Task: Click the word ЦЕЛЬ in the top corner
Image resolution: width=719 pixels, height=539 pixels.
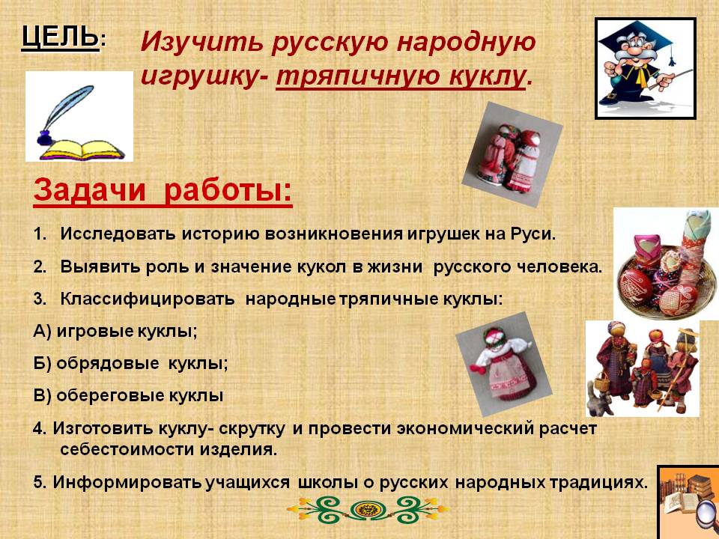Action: pyautogui.click(x=60, y=36)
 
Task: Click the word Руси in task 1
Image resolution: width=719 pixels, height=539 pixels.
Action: pyautogui.click(x=536, y=234)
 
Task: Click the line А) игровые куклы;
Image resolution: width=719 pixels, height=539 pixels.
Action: pyautogui.click(x=115, y=330)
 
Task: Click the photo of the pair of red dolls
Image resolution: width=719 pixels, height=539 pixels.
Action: pyautogui.click(x=512, y=159)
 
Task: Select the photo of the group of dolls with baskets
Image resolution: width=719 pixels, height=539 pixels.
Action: pyautogui.click(x=642, y=367)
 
